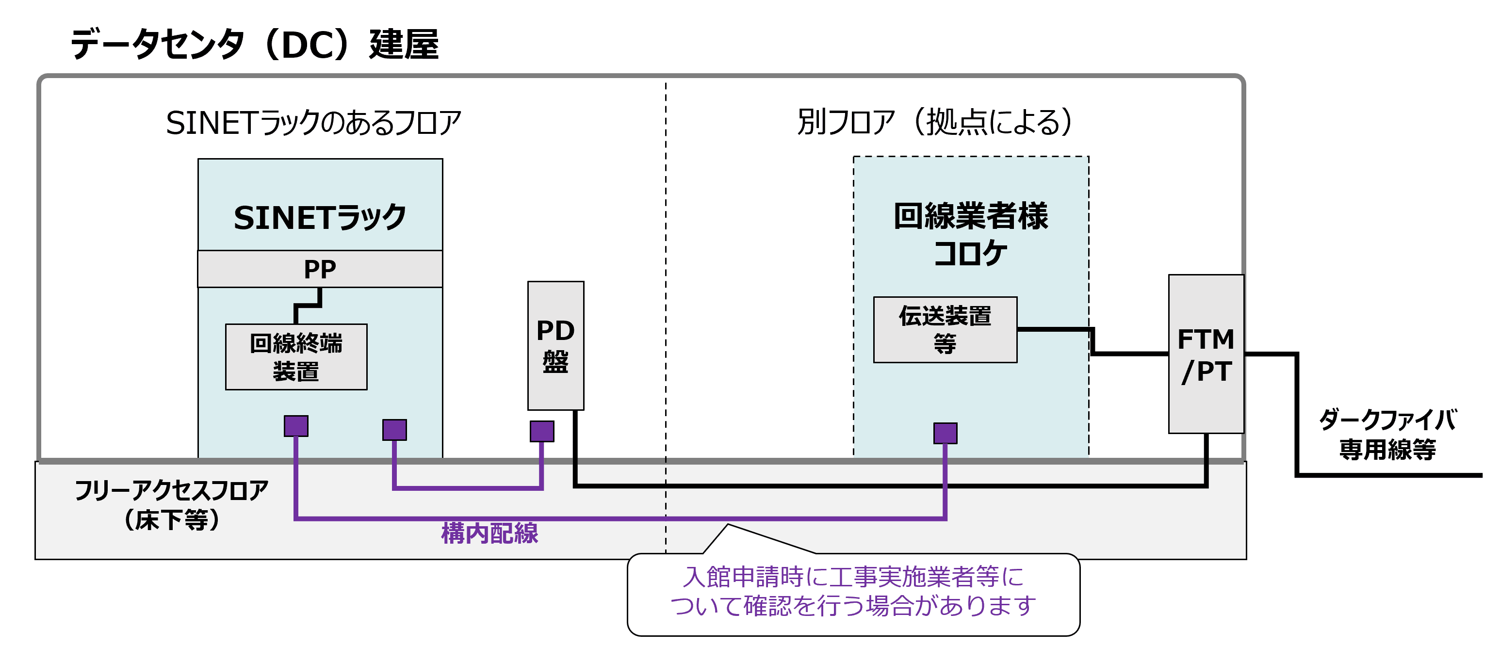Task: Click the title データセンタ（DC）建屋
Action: coord(255,44)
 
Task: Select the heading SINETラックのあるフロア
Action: coord(313,123)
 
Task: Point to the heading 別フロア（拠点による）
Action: coord(934,122)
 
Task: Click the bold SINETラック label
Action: coord(320,218)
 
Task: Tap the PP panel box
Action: coord(320,269)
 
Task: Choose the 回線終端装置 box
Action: coord(296,357)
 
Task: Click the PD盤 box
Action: coord(555,346)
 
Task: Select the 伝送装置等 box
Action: coord(945,329)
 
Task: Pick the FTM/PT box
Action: coord(1206,354)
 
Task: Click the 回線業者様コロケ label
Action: coord(971,234)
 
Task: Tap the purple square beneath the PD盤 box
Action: coord(541,431)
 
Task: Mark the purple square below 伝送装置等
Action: coord(945,433)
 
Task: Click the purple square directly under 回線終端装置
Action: coord(296,425)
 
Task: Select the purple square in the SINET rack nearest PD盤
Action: coord(394,430)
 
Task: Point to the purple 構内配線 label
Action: coord(489,533)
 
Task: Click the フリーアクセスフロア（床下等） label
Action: coord(171,504)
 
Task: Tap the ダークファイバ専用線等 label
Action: coord(1387,434)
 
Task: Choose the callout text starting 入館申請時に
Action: coord(853,591)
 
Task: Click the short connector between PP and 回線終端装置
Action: coord(308,305)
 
